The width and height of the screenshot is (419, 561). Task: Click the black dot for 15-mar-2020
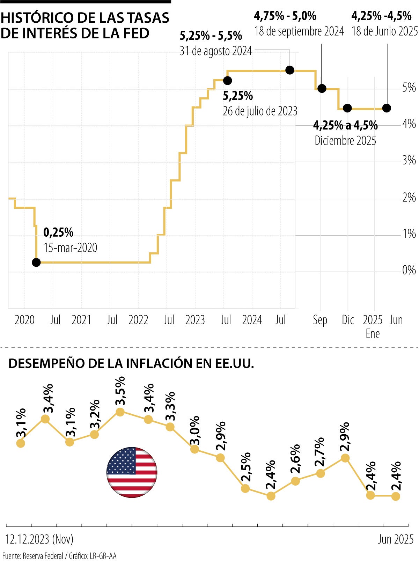pos(36,262)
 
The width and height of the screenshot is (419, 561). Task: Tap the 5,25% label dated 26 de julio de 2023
pos(238,96)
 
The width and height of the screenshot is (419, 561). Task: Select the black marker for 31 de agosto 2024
pos(290,70)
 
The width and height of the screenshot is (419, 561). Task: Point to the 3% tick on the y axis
pos(409,161)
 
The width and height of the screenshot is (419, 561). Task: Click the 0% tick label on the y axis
pos(409,270)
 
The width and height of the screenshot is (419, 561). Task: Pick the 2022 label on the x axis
pos(138,320)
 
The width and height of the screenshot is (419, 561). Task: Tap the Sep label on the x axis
pos(320,320)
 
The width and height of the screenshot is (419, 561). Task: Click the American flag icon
pos(132,472)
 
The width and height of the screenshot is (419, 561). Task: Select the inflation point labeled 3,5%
pos(120,412)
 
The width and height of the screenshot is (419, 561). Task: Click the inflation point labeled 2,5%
pos(245,488)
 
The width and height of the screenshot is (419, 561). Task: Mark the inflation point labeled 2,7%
pos(321,473)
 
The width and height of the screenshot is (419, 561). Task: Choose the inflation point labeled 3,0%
pos(194,449)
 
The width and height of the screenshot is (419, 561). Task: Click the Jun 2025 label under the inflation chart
pos(396,539)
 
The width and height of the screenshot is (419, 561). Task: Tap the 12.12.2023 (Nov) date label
pos(39,539)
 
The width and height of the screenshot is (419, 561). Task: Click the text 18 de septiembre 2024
pos(299,31)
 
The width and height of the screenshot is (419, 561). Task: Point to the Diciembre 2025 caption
pos(345,141)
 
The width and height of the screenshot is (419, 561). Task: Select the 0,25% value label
pos(58,232)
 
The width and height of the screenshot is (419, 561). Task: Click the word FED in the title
pos(135,33)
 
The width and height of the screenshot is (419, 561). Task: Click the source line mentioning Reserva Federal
pos(59,556)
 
